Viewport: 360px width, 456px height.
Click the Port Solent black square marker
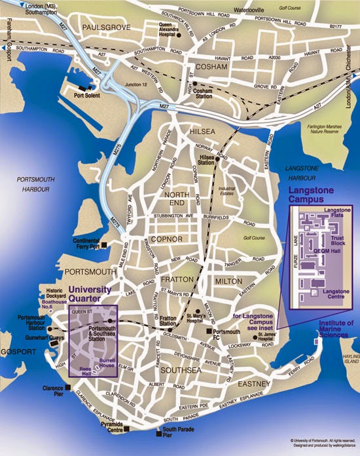tap(82, 87)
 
